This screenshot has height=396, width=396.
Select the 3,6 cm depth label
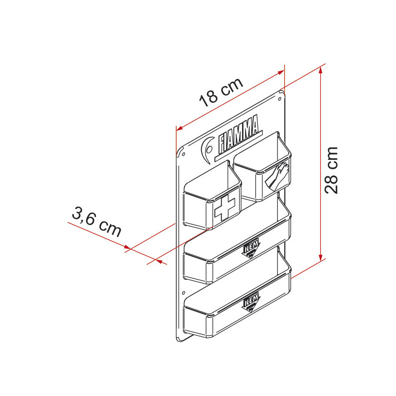[x=97, y=223]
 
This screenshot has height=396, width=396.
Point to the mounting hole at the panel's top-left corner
[x=181, y=154]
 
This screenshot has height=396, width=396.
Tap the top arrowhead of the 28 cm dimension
[x=322, y=71]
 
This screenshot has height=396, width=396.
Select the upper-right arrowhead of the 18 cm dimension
[x=282, y=72]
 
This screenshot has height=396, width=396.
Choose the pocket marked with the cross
[x=212, y=203]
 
